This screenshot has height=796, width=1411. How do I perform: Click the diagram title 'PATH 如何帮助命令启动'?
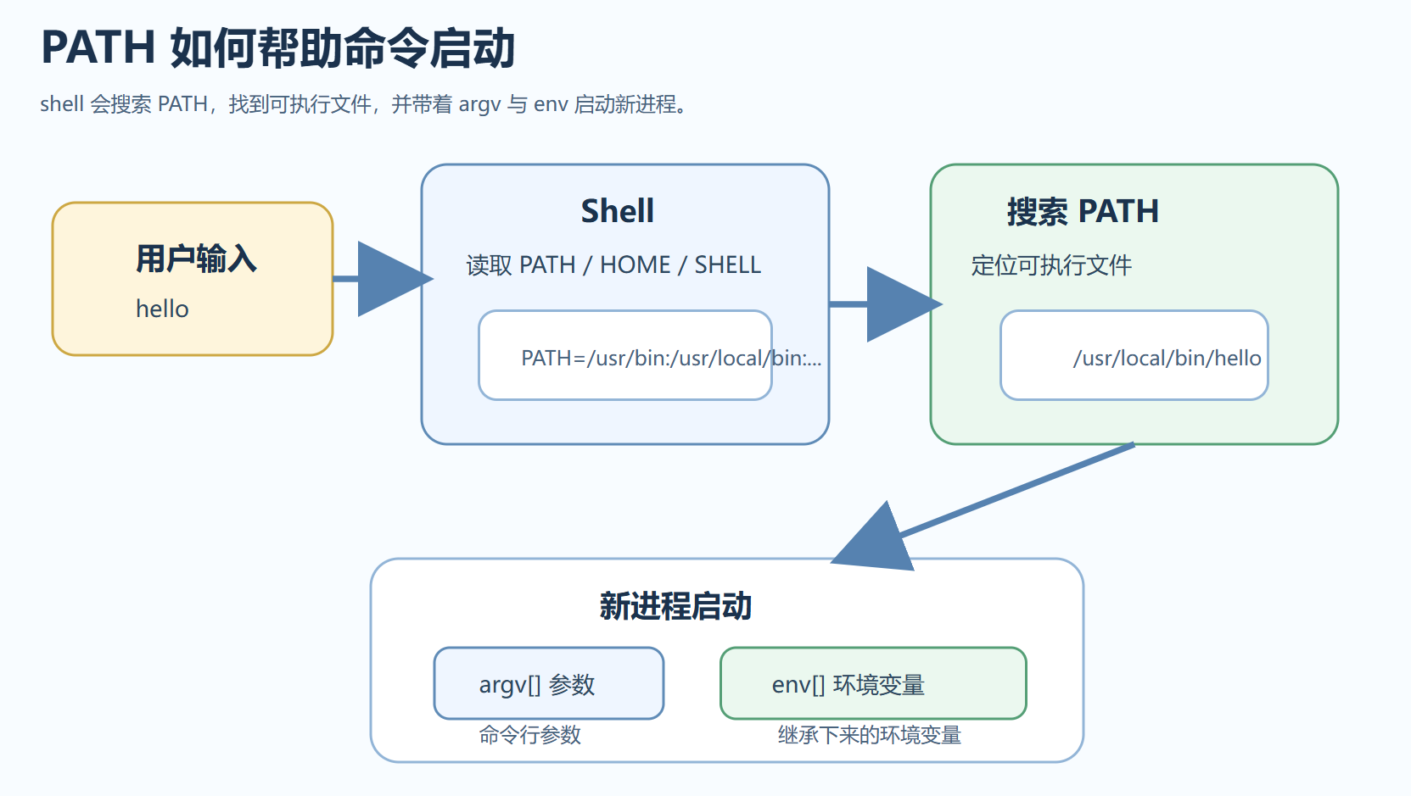(x=277, y=47)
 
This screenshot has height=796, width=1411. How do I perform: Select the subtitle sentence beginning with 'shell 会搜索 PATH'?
(x=363, y=104)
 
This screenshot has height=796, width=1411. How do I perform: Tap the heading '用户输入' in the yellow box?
(x=196, y=259)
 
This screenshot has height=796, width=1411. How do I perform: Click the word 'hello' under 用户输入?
(x=162, y=309)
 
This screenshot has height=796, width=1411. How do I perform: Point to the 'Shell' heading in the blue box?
(x=617, y=211)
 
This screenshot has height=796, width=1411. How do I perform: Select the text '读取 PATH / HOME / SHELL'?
(x=613, y=265)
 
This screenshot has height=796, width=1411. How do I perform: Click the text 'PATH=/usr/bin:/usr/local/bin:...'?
(x=670, y=358)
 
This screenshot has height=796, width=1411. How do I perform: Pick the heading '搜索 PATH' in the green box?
(x=1082, y=211)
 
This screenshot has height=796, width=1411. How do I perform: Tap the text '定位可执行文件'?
(x=1050, y=265)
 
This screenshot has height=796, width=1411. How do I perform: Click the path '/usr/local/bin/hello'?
(x=1167, y=358)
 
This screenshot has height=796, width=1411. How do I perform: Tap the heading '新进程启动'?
(x=675, y=606)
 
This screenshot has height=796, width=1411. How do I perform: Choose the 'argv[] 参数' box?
(x=548, y=683)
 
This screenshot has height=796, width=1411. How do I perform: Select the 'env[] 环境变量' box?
(x=872, y=683)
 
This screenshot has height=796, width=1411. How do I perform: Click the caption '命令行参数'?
(x=529, y=735)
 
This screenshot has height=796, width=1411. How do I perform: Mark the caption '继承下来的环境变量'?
(x=869, y=735)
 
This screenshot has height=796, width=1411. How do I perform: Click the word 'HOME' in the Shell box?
(x=635, y=265)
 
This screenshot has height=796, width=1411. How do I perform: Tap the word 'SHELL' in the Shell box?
(x=727, y=265)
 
